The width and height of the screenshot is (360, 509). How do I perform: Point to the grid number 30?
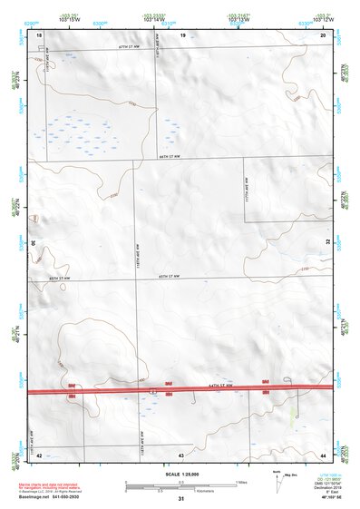(x=33, y=243)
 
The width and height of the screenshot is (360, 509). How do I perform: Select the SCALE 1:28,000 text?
(x=180, y=473)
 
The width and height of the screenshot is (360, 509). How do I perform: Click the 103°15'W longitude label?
(x=70, y=18)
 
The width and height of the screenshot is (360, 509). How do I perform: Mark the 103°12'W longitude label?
(x=320, y=18)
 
